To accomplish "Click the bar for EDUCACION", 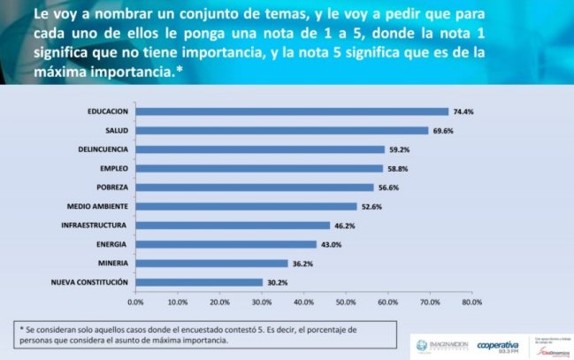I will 292,111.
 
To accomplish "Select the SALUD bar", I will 282,131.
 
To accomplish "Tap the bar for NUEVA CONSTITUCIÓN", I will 199,282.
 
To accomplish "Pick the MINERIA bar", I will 211,264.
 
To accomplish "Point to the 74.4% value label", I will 463,111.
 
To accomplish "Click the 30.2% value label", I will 277,282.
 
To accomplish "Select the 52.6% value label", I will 371,206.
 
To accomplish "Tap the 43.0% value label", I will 331,244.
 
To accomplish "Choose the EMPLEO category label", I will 113,168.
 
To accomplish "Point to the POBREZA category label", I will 112,188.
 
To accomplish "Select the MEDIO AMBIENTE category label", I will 98,206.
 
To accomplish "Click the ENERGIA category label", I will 112,244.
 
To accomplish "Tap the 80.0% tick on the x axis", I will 471,302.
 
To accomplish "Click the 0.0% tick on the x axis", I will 135,302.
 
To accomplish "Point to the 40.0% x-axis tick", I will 303,302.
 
